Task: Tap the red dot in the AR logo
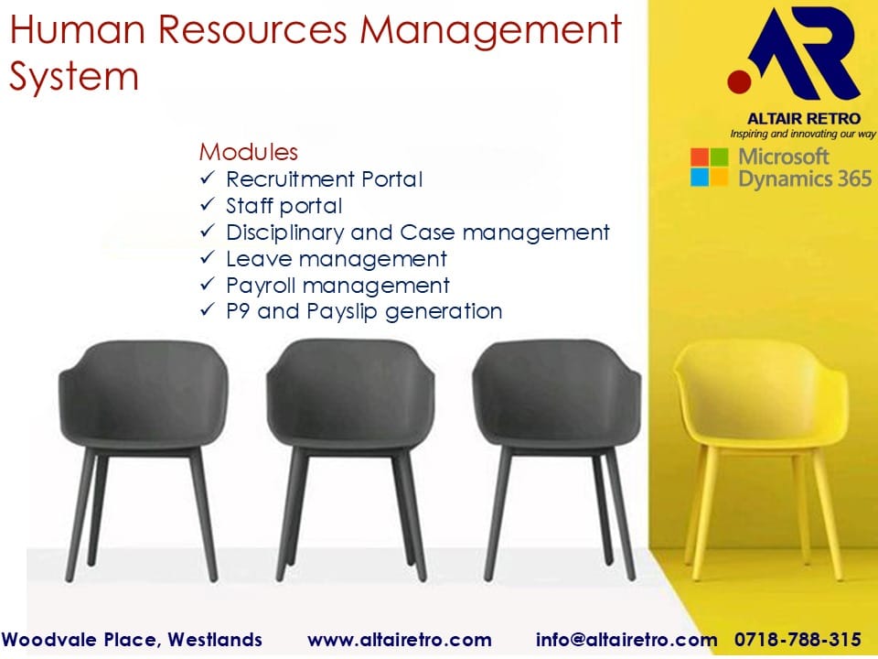[x=739, y=81]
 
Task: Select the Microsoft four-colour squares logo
[x=709, y=167]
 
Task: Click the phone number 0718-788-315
[x=798, y=640]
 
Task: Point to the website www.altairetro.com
[x=400, y=640]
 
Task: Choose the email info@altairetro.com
[x=626, y=640]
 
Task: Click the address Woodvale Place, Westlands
[x=132, y=640]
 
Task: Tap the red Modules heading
[x=249, y=152]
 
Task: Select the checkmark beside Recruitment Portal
[x=208, y=178]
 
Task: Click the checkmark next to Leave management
[x=208, y=257]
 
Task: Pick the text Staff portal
[x=284, y=206]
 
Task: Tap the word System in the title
[x=74, y=77]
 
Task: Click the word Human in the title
[x=77, y=29]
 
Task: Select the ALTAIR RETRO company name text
[x=804, y=119]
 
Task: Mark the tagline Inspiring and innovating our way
[x=803, y=134]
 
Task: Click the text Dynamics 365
[x=805, y=179]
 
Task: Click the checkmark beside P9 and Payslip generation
[x=208, y=310]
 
